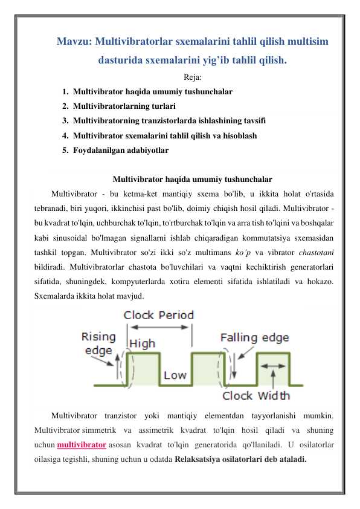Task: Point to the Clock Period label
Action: pos(158,315)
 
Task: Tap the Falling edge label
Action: pos(254,337)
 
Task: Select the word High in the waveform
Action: pos(143,343)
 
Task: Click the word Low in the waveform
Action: pos(175,375)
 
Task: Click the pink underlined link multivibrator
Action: pos(82,445)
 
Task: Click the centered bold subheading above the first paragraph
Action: pos(192,179)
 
